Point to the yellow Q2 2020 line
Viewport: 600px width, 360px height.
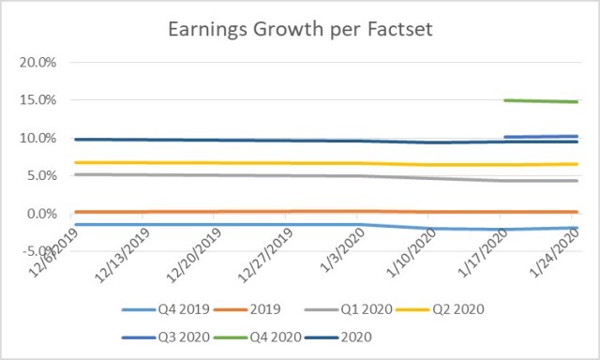pyautogui.click(x=281, y=163)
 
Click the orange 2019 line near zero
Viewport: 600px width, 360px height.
pyautogui.click(x=281, y=212)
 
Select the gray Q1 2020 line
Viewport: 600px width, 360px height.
pyautogui.click(x=281, y=175)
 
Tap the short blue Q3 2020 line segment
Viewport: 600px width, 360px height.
pyautogui.click(x=540, y=137)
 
